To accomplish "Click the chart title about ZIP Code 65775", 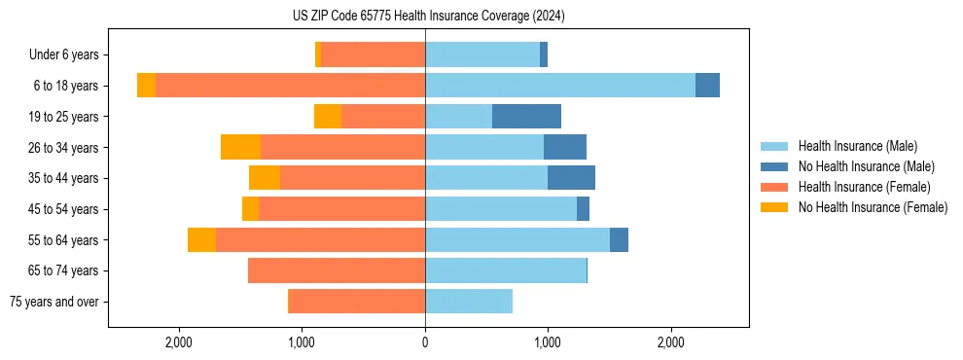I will pyautogui.click(x=428, y=17).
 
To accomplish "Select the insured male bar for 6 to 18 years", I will pyautogui.click(x=560, y=86).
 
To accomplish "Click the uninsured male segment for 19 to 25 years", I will pyautogui.click(x=526, y=117).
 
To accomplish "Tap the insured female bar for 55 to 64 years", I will pyautogui.click(x=320, y=240).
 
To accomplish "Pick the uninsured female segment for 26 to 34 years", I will pyautogui.click(x=240, y=147).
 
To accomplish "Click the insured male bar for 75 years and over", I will pyautogui.click(x=469, y=302).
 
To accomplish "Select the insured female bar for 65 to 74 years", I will pyautogui.click(x=337, y=270).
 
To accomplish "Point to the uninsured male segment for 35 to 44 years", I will pyautogui.click(x=571, y=178).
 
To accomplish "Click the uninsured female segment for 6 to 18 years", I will pyautogui.click(x=146, y=86).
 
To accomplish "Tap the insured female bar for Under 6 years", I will pyautogui.click(x=373, y=54).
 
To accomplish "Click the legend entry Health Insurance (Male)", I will pyautogui.click(x=857, y=146).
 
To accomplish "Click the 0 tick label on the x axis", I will pyautogui.click(x=425, y=342).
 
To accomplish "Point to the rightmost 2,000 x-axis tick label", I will pyautogui.click(x=670, y=342).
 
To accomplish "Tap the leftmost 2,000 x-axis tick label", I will pyautogui.click(x=179, y=342).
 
